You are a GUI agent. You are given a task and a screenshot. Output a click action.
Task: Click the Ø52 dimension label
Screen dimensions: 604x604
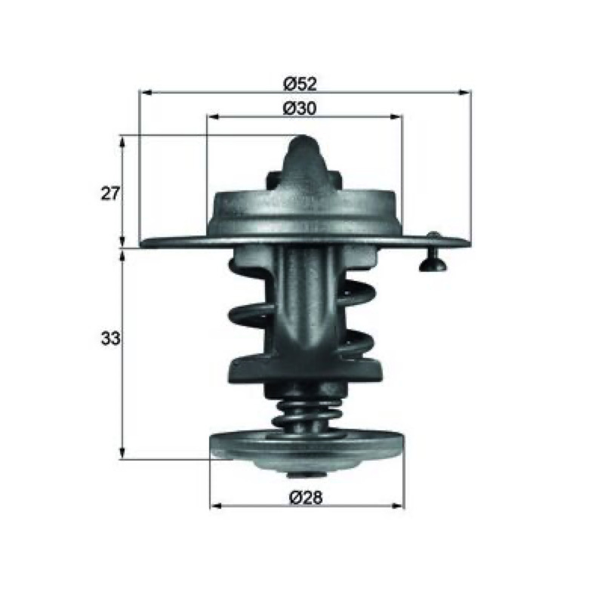pos(300,84)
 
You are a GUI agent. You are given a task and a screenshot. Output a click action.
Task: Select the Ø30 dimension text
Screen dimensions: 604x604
pos(300,108)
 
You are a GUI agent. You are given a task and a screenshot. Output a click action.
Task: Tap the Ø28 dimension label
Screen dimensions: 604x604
pos(306,498)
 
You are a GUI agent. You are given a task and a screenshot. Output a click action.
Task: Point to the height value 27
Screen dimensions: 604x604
pos(110,193)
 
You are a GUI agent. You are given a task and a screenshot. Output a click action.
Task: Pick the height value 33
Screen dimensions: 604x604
pos(110,339)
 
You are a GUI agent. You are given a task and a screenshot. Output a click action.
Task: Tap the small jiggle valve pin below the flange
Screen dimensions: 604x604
pos(433,259)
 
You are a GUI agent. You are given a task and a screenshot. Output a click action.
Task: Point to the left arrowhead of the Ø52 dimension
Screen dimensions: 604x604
pos(144,92)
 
